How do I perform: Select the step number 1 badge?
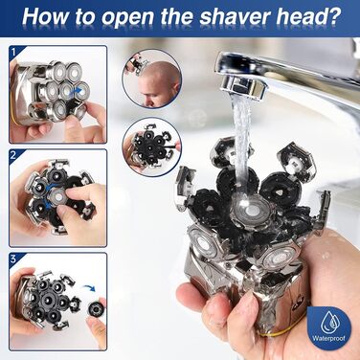(x=13, y=52)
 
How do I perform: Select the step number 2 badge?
(x=13, y=155)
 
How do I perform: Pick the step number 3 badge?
(x=13, y=259)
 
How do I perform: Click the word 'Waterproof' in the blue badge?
(x=328, y=338)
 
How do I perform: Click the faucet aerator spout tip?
(x=242, y=86)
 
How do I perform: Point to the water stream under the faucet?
(x=242, y=141)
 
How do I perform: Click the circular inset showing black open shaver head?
(x=152, y=147)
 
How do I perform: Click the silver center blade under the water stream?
(x=251, y=209)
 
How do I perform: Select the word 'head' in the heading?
(x=300, y=16)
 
